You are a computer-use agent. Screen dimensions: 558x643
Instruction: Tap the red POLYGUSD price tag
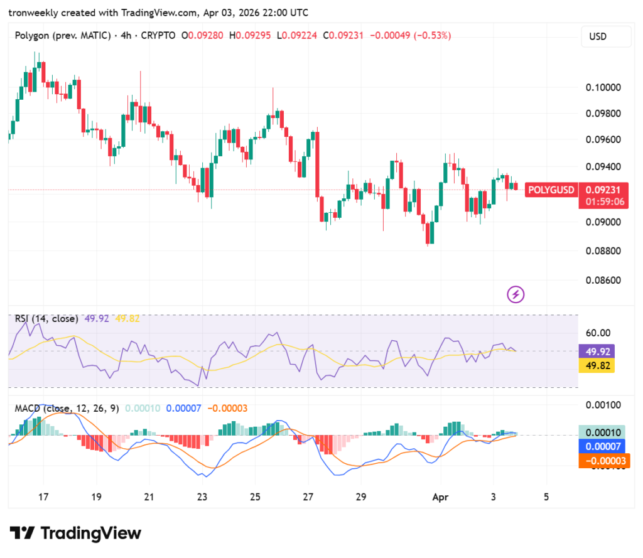pos(551,190)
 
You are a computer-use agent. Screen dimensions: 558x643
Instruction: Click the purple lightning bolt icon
pos(516,294)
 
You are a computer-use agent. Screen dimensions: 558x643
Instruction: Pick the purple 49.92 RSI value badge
pos(596,351)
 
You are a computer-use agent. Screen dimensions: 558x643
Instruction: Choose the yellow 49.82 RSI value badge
pos(596,365)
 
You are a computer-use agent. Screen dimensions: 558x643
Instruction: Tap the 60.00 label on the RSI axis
pos(598,333)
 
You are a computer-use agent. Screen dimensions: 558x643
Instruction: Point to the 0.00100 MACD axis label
pos(603,405)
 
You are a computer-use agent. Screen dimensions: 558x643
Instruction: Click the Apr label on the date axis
pos(441,496)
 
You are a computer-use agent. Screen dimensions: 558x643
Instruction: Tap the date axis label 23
pos(202,496)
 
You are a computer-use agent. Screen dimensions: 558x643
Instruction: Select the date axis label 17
pos(43,496)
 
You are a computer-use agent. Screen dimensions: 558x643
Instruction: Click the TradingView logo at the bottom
pos(76,534)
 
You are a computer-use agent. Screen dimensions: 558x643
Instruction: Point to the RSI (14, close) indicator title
pos(46,319)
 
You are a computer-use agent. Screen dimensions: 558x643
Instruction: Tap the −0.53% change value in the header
pos(433,36)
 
